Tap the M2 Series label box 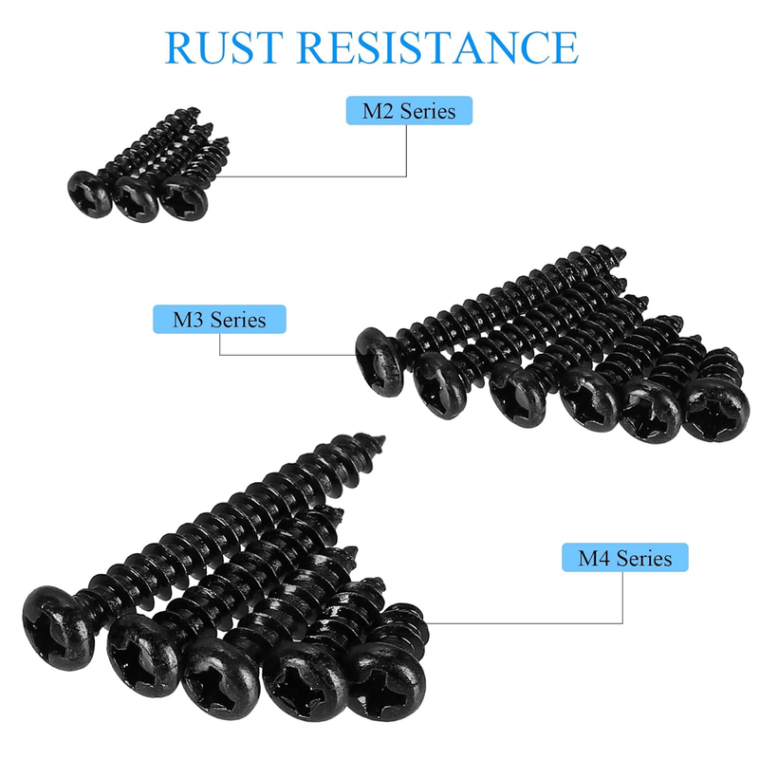[x=409, y=110]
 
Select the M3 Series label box [x=219, y=319]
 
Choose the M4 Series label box [x=625, y=557]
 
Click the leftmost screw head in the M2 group [x=89, y=194]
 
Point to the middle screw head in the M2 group [x=136, y=199]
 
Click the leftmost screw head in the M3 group [x=379, y=361]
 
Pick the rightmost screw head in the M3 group [x=715, y=410]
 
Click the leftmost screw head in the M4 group [x=58, y=627]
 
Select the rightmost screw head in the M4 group [x=386, y=682]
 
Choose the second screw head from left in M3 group [x=440, y=384]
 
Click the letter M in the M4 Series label [x=589, y=558]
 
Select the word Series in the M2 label [x=428, y=111]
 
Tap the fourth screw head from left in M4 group [x=305, y=681]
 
